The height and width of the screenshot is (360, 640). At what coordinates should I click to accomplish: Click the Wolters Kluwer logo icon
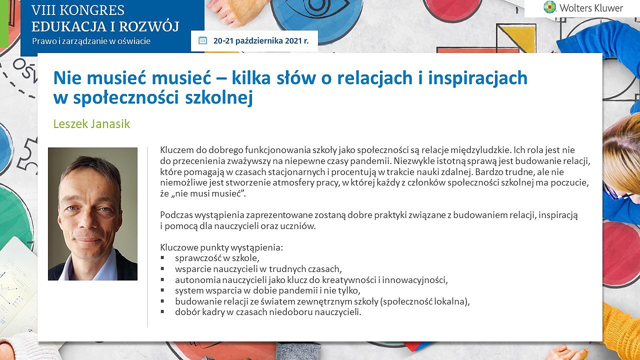click(549, 7)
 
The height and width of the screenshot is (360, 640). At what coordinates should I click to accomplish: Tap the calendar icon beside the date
click(202, 40)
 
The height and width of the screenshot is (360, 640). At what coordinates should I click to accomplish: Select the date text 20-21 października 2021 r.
click(261, 41)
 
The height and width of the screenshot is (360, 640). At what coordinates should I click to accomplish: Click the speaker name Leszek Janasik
click(91, 124)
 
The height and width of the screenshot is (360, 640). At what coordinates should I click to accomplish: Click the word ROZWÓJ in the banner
click(149, 26)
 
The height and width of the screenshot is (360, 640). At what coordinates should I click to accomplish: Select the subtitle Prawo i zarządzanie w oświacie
click(91, 41)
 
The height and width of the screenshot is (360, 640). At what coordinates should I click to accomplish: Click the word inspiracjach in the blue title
click(477, 78)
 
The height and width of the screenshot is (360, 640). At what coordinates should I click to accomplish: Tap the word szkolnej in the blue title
click(219, 97)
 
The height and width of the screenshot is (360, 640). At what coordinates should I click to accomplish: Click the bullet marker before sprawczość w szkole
click(162, 257)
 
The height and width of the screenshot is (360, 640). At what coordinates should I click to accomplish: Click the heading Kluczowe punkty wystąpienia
click(221, 247)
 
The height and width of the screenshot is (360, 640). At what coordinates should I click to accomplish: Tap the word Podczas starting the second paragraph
click(176, 215)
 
